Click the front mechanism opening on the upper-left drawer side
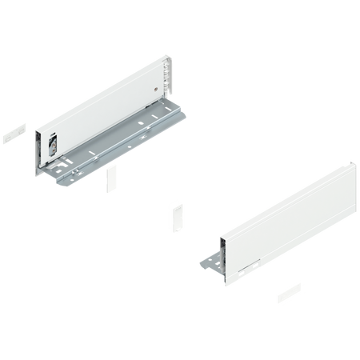tap(50, 145)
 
